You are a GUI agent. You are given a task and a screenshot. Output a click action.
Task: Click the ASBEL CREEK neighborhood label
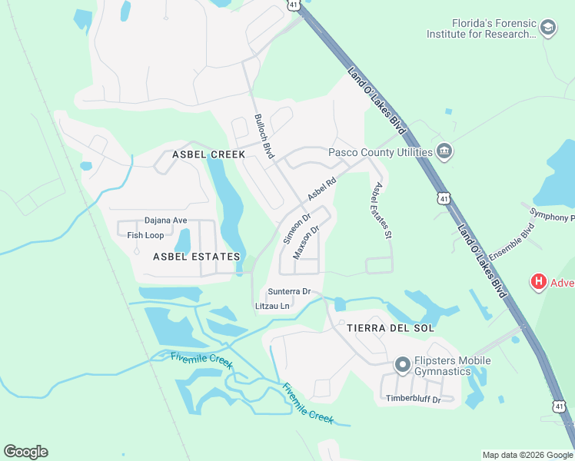click(208, 154)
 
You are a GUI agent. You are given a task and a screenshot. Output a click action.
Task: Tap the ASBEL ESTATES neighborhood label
click(197, 257)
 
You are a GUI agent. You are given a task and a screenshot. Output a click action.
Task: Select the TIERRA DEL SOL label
click(391, 328)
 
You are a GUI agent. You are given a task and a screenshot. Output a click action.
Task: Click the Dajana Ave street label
click(166, 221)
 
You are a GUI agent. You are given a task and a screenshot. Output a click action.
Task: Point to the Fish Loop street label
click(145, 235)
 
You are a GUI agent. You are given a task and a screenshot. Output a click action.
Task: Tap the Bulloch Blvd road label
click(264, 137)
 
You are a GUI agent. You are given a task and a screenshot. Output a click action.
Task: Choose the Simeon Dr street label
click(297, 227)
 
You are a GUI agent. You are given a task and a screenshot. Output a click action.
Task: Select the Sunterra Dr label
click(289, 292)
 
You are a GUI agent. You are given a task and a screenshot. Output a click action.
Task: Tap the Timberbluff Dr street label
click(414, 398)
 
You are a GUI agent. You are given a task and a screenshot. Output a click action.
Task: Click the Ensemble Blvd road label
click(511, 241)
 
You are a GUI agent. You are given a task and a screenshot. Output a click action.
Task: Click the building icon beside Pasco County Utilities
click(444, 151)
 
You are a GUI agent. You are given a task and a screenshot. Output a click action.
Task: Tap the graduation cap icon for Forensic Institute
click(548, 28)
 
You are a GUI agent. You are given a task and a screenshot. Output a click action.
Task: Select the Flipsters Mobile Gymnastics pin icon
click(401, 365)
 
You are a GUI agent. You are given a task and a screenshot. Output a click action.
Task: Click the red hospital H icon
click(539, 282)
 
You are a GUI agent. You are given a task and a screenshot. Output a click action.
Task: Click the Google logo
click(25, 452)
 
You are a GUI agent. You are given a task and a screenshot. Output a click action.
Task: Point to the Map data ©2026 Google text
click(527, 455)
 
